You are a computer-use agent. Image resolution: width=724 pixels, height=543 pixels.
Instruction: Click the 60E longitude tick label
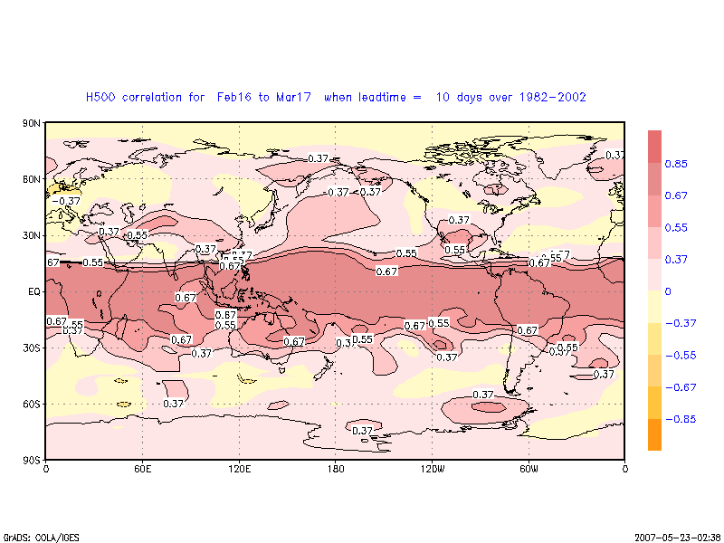tap(142, 469)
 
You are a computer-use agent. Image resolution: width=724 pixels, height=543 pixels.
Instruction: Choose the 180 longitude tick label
tap(336, 469)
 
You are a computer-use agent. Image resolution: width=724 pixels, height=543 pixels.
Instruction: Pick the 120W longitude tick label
tap(433, 469)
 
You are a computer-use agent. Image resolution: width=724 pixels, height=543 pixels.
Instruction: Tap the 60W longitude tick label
tap(529, 469)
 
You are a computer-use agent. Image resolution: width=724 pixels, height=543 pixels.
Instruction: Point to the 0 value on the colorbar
tap(668, 291)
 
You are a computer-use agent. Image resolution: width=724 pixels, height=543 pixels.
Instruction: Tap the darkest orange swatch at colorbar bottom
tap(654, 434)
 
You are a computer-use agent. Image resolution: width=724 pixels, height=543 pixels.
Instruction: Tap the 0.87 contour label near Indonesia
tap(225, 314)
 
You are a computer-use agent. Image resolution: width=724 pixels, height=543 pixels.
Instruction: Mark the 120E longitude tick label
tap(239, 469)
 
